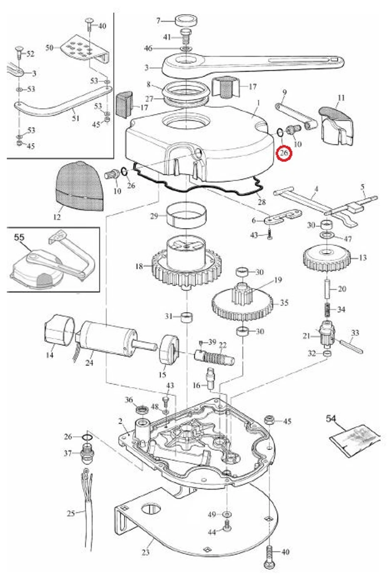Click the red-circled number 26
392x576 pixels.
point(284,153)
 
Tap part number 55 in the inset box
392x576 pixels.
point(19,237)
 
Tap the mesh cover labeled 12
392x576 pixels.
point(80,186)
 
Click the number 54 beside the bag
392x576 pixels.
point(331,418)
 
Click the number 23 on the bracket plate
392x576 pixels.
point(145,552)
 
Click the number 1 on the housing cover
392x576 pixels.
point(258,103)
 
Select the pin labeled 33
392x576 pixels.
point(352,346)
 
